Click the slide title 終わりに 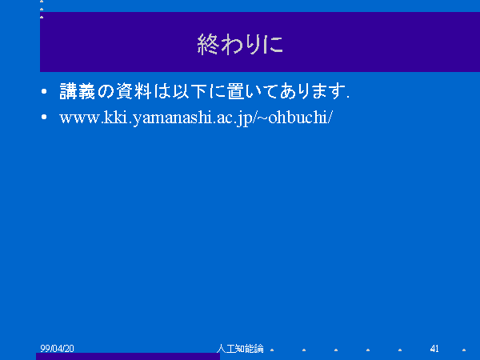tap(240, 44)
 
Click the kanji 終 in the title tap(208, 44)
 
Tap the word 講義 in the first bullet tap(78, 91)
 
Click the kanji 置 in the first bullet tap(236, 91)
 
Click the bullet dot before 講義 tap(44, 91)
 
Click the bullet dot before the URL tap(44, 117)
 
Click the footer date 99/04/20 tap(58, 348)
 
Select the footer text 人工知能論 tap(240, 348)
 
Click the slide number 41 tap(434, 348)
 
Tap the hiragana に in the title tap(274, 44)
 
